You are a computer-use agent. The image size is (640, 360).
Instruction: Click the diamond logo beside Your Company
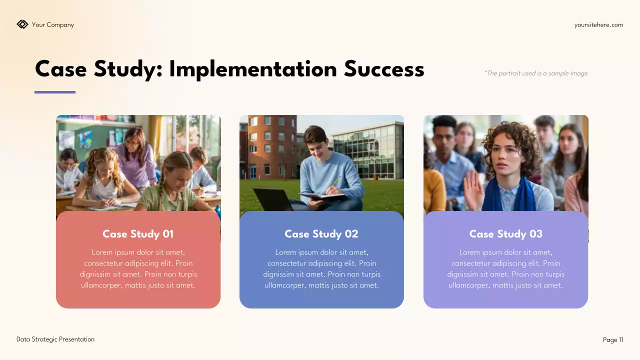tap(22, 24)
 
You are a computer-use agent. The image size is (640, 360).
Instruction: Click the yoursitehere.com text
tap(598, 25)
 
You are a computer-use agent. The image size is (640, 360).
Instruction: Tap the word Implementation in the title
tap(253, 69)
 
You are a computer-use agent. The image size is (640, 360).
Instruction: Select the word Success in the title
tap(384, 69)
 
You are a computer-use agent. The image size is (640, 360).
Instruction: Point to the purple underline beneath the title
tap(55, 92)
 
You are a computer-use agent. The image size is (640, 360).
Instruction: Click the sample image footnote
tap(535, 73)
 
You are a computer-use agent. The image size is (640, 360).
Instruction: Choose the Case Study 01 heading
tap(138, 234)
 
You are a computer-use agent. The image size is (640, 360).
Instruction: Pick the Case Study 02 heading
tap(321, 234)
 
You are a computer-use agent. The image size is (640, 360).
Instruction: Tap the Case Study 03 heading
tap(505, 234)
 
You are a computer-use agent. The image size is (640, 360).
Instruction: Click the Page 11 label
tap(613, 340)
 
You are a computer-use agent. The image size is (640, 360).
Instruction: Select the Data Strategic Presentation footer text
tap(55, 339)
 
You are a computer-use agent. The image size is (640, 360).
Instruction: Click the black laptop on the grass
tap(272, 198)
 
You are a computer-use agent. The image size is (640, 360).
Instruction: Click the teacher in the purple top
tap(136, 155)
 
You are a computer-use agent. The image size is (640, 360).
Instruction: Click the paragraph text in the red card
tap(138, 269)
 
